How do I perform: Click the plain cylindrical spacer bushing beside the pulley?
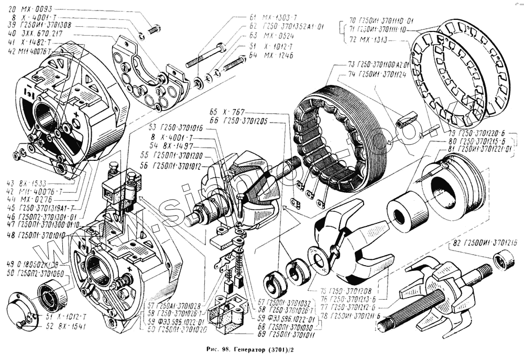pyautogui.click(x=407, y=212)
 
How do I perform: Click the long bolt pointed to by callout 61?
pyautogui.click(x=204, y=57)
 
